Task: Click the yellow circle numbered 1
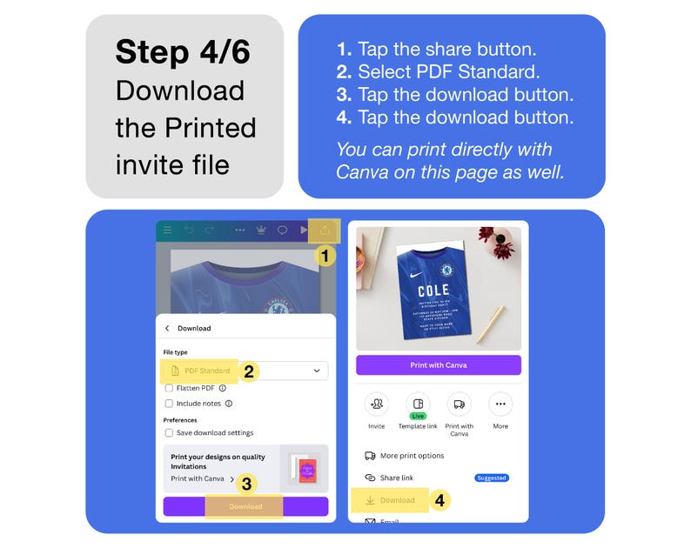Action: (324, 256)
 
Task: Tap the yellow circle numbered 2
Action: (248, 371)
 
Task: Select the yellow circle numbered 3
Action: (247, 484)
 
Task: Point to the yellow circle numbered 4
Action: (440, 500)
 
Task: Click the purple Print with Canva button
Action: (438, 365)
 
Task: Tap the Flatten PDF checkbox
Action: (169, 388)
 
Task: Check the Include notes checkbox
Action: (169, 404)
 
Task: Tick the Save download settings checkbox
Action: (169, 432)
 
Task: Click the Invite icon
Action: (376, 404)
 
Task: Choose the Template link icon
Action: (418, 404)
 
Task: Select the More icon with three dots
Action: (500, 404)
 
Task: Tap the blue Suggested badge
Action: (492, 478)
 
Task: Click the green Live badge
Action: (418, 417)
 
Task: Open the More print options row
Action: (412, 456)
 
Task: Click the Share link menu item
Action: (396, 478)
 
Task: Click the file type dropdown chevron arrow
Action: (317, 371)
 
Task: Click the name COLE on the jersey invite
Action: (433, 291)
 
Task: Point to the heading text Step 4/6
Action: (183, 52)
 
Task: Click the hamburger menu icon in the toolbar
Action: (167, 231)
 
